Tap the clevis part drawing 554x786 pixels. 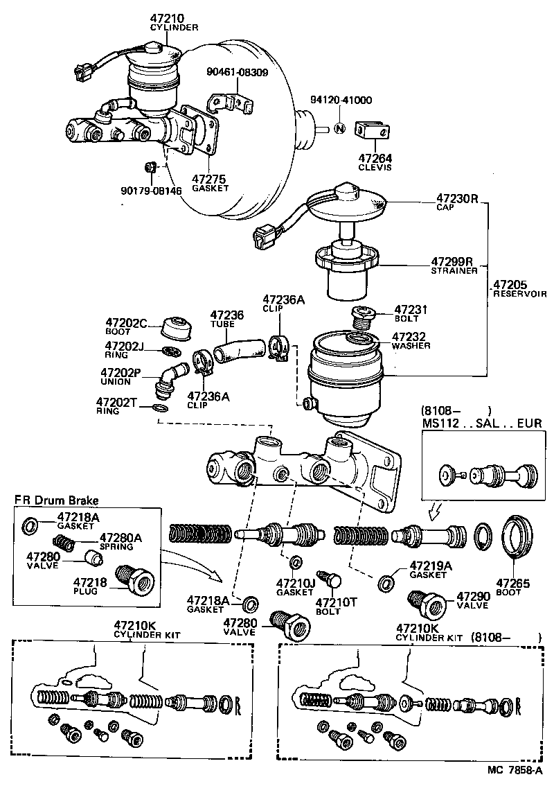pos(371,130)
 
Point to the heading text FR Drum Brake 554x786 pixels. pos(57,500)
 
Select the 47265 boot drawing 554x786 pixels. pos(517,535)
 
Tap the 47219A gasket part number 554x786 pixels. pos(430,566)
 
